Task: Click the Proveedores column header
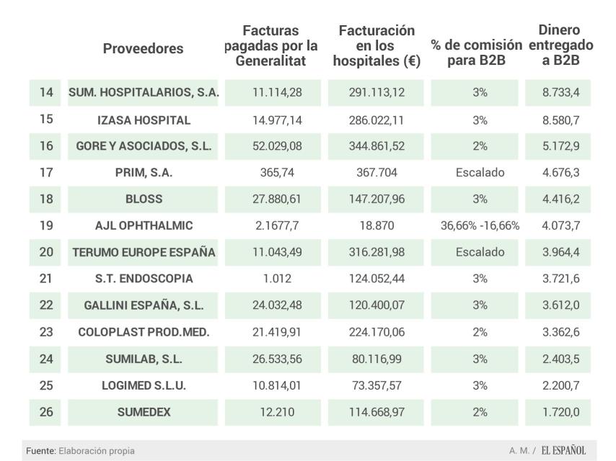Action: [x=143, y=49]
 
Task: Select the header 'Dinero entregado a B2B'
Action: [x=560, y=45]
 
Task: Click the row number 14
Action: [x=45, y=93]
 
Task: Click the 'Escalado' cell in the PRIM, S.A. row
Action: [x=480, y=173]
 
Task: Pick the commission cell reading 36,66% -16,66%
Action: [x=480, y=225]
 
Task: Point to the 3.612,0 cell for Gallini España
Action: [x=560, y=305]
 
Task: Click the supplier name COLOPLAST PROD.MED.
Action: [x=144, y=332]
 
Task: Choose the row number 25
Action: [x=45, y=385]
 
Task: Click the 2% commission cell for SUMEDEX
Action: [x=480, y=412]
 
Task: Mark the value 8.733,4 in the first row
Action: [x=560, y=93]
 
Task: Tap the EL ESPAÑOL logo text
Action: [x=560, y=451]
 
